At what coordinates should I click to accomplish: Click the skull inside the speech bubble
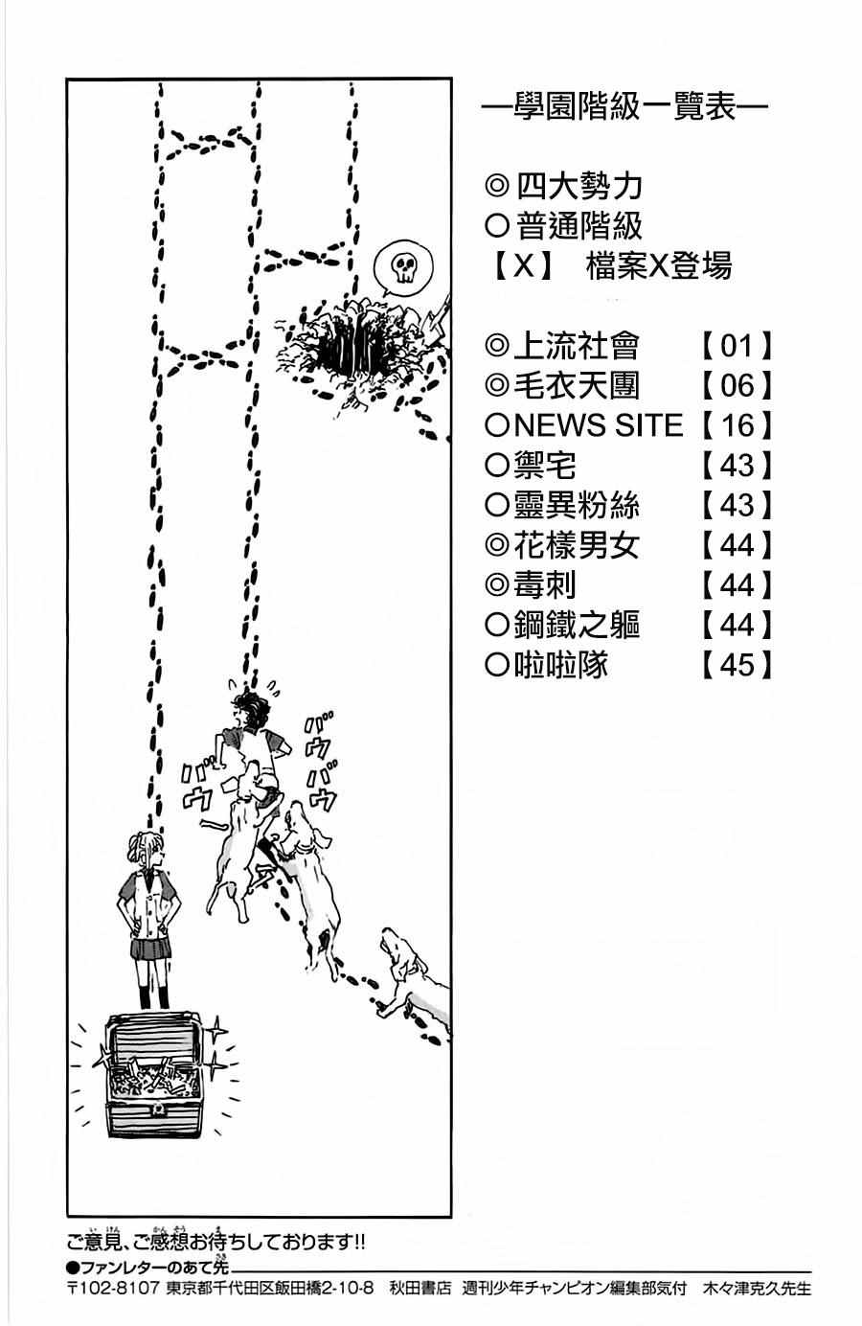[x=399, y=267]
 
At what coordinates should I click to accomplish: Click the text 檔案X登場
[x=659, y=265]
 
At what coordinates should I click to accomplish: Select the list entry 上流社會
[x=575, y=345]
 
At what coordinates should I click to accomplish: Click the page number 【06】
[x=737, y=385]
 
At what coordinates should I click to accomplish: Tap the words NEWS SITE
[x=599, y=425]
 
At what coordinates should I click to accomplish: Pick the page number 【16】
[x=737, y=425]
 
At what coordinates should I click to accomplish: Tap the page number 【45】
[x=737, y=665]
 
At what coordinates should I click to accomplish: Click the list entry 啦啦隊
[x=560, y=665]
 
